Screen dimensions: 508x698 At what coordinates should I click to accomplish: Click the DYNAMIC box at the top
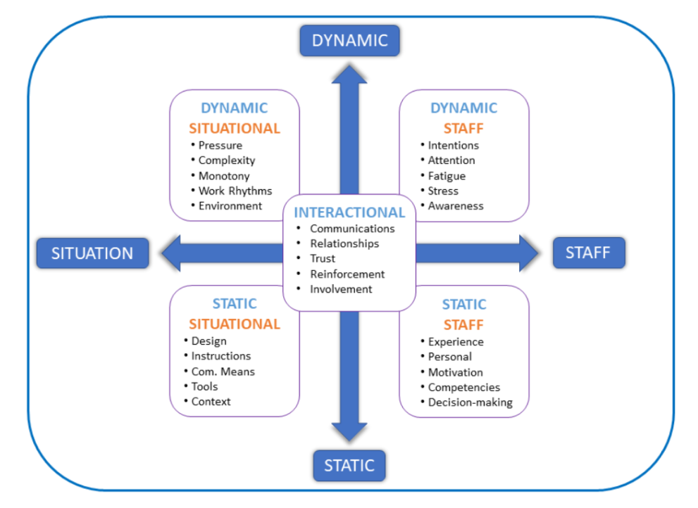349,40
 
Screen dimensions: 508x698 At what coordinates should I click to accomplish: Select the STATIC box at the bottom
349,465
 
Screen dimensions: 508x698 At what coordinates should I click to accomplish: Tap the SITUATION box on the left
92,253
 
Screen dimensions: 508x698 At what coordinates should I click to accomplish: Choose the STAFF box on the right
588,253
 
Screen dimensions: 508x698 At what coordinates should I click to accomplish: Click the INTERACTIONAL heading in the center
349,212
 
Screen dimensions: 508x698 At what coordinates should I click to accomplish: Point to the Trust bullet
323,258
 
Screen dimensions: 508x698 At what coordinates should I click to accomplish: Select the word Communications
352,229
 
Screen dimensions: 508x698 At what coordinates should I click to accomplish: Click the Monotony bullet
224,176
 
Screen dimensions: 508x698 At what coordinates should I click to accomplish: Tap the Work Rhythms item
235,191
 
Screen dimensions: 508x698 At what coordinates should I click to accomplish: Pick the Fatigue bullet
447,176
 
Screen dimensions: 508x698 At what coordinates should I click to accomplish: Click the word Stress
443,191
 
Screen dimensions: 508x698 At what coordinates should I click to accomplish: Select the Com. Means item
223,372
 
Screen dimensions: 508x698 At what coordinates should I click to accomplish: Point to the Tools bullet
205,386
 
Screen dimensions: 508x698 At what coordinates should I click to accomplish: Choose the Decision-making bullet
470,403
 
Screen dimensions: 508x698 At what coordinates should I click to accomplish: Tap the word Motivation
456,372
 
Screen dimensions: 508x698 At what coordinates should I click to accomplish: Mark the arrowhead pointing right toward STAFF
529,253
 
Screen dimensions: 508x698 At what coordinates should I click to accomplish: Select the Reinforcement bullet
347,274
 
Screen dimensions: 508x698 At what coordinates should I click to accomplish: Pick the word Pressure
220,145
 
